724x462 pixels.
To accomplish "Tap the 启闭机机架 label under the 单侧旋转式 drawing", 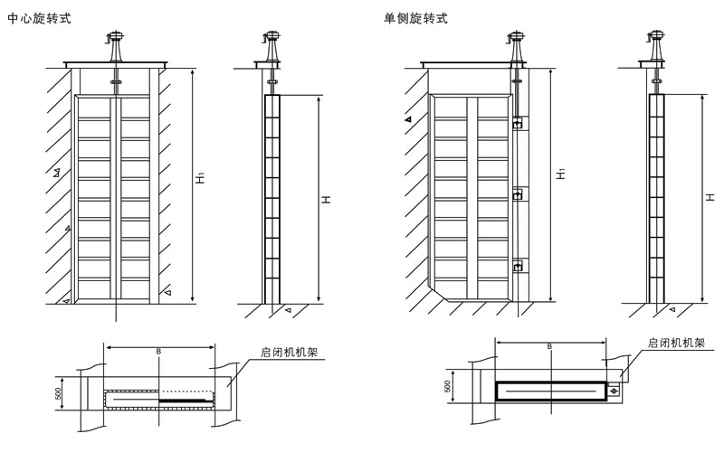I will click(x=677, y=344).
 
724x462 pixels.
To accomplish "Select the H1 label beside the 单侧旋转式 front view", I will click(x=560, y=172).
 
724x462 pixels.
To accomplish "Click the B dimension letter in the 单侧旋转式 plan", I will click(x=548, y=344).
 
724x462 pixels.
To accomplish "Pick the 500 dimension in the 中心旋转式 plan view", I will click(x=57, y=394).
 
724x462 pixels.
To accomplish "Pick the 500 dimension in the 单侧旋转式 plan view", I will click(x=447, y=386).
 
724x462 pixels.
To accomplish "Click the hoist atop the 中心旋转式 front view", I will click(x=116, y=43).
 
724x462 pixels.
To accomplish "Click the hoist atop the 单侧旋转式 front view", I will click(x=517, y=43).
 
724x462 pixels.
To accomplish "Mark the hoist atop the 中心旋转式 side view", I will click(x=271, y=43).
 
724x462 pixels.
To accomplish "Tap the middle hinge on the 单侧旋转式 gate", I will click(x=517, y=194).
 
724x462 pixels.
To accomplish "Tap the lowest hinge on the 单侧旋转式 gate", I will click(x=517, y=266).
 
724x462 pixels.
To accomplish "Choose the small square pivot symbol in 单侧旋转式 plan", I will click(x=614, y=391).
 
